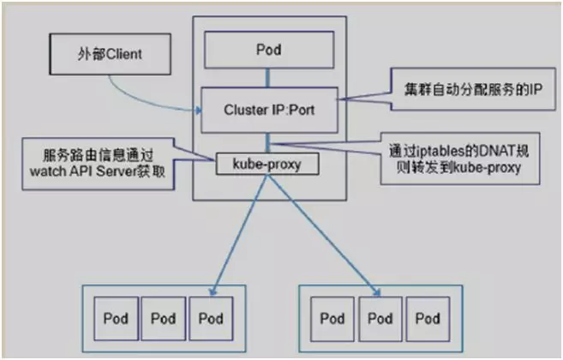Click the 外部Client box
coord(110,54)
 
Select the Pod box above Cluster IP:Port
coord(269,50)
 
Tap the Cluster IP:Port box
coord(269,110)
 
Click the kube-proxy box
coord(267,164)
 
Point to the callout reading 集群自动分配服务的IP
coord(472,89)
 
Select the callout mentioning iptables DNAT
coord(459,159)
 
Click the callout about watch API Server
coord(99,164)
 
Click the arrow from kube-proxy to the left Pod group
coord(239,235)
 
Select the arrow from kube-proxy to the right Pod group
coord(323,235)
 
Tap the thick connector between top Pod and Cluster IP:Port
coord(267,78)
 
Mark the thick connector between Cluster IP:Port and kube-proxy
coord(267,143)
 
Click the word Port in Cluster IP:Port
coord(302,110)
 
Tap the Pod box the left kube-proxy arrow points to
coord(211,319)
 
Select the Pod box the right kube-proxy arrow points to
coord(380,319)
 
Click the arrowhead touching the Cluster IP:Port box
coord(198,111)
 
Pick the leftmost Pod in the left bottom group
coord(116,319)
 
